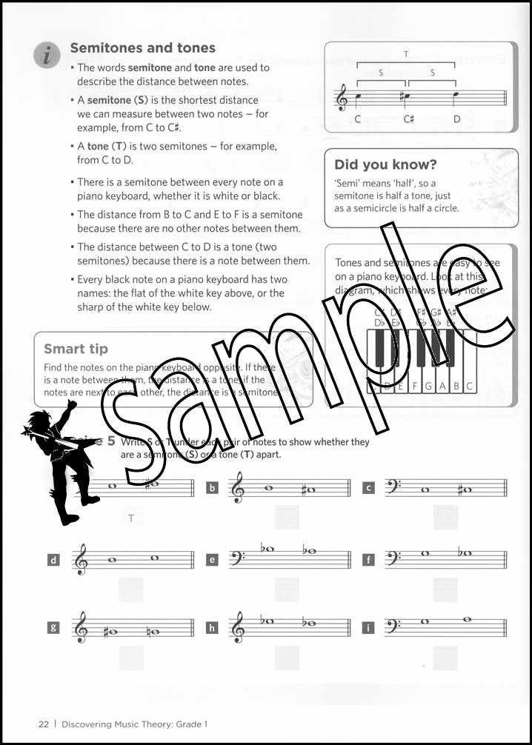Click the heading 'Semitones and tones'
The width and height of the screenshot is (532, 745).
(142, 48)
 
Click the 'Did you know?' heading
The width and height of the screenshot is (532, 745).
(385, 164)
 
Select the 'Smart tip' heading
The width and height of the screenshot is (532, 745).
(76, 349)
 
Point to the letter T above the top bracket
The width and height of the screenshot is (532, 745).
(406, 54)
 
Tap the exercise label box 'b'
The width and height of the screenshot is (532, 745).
(213, 487)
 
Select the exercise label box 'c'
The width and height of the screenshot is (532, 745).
(368, 487)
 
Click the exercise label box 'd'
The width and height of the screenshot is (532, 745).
(53, 561)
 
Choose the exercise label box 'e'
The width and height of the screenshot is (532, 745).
(213, 560)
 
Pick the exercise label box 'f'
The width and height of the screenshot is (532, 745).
(368, 560)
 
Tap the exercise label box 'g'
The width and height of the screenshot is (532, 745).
(53, 627)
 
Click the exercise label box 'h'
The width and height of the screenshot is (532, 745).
(213, 628)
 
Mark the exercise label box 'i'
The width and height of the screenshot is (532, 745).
(368, 628)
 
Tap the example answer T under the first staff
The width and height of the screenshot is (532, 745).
(131, 518)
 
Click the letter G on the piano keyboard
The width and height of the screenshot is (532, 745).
(430, 386)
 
